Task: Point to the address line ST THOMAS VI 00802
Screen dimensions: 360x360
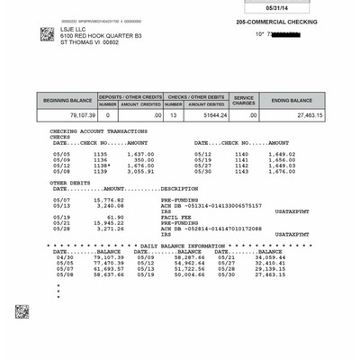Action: point(89,41)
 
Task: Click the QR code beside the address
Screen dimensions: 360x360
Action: point(48,34)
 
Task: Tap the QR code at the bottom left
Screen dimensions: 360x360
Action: point(22,311)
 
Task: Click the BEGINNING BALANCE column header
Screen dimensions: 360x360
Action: point(67,101)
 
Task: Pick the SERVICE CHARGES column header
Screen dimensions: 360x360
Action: point(244,101)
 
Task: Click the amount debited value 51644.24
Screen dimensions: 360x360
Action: point(207,115)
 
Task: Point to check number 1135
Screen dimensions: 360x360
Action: point(100,154)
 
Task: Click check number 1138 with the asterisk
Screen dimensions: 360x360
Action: point(102,165)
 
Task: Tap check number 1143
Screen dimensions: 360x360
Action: point(241,171)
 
